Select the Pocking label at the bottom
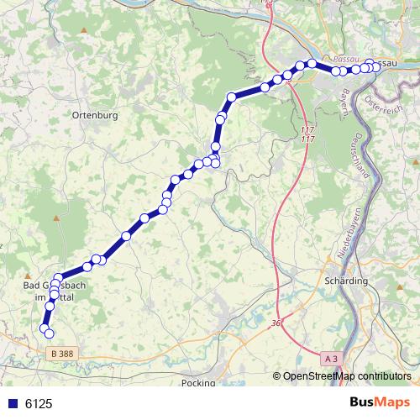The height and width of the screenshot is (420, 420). (x=199, y=382)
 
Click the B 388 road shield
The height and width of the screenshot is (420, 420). (x=61, y=354)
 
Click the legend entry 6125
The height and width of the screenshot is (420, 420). (x=39, y=404)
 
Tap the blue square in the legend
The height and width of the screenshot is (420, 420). (x=12, y=404)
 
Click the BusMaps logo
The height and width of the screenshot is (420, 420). (x=381, y=403)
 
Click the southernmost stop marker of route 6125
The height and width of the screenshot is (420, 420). (x=49, y=333)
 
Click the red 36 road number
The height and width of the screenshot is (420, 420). (x=276, y=323)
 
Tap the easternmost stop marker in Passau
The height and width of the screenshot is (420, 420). (x=377, y=68)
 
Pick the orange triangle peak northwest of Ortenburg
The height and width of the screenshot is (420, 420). (x=83, y=31)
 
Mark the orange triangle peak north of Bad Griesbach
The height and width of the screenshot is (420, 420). (x=57, y=218)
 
